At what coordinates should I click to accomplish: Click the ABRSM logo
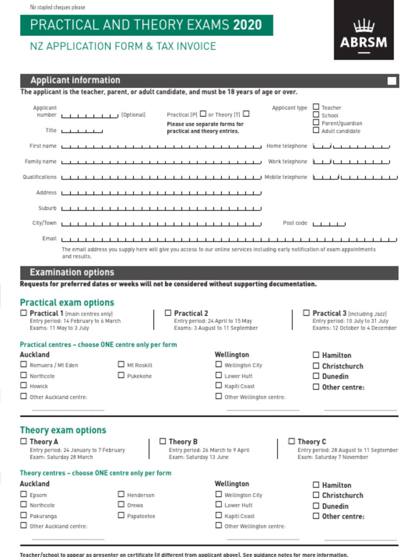363,30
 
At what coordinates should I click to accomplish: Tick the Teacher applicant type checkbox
316,107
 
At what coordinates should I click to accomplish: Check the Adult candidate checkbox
316,131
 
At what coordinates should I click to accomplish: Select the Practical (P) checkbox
203,114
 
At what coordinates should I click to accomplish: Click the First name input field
161,146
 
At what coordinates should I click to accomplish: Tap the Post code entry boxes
329,224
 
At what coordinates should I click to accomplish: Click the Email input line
229,239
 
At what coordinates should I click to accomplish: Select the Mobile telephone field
355,177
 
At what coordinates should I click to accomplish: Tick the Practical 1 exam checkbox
23,313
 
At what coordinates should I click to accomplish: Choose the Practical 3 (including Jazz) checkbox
306,313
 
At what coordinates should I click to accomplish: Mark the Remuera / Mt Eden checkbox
23,365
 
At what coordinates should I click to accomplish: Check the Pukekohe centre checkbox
121,375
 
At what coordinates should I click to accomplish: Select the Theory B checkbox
162,441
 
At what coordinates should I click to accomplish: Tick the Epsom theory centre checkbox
23,494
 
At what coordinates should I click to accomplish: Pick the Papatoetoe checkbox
121,515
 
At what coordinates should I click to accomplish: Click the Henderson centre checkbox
121,494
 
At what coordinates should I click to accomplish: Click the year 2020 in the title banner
247,25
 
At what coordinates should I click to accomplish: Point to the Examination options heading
72,273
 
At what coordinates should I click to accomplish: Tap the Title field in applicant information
82,131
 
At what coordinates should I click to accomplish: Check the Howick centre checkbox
23,386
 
